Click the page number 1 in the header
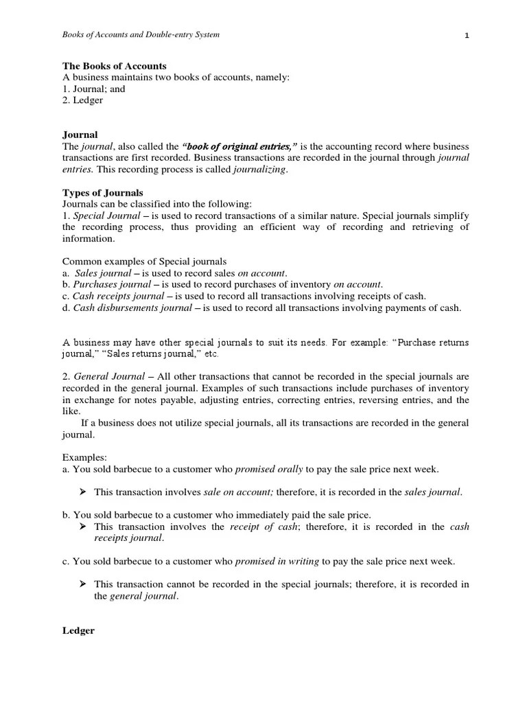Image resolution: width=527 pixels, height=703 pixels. pyautogui.click(x=466, y=36)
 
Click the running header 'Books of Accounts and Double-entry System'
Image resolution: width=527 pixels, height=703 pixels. pyautogui.click(x=141, y=35)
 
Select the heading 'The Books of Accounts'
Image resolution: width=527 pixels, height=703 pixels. pyautogui.click(x=115, y=66)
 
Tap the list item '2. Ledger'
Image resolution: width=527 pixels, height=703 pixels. pyautogui.click(x=83, y=100)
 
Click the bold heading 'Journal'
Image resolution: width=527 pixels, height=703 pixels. pyautogui.click(x=80, y=135)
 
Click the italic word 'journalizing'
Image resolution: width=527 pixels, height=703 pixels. pyautogui.click(x=259, y=170)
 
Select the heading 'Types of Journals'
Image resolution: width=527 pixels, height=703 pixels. pyautogui.click(x=103, y=193)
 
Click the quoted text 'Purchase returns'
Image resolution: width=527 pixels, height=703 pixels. pyautogui.click(x=431, y=342)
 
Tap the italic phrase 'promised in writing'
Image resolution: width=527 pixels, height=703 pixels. pyautogui.click(x=277, y=562)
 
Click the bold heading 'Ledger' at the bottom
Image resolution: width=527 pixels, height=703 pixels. pyautogui.click(x=78, y=630)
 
